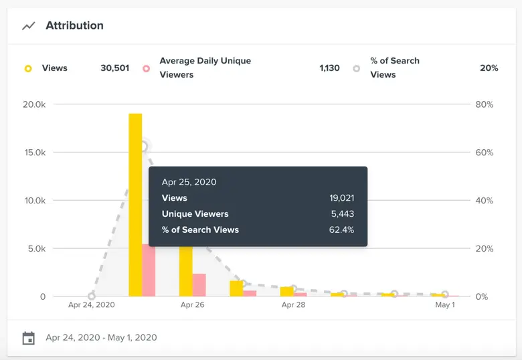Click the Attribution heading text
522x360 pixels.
[74, 25]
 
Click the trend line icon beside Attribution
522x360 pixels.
[28, 26]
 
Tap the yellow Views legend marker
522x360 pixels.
[28, 68]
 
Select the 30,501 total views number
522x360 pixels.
[114, 68]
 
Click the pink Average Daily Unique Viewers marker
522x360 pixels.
[145, 68]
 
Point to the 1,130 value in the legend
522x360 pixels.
[329, 68]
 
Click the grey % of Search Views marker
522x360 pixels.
[357, 68]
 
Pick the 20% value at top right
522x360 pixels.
[489, 68]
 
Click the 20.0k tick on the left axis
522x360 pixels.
[33, 104]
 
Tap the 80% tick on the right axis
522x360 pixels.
[485, 104]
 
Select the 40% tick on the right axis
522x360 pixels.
[485, 201]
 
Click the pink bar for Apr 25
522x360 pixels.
[149, 271]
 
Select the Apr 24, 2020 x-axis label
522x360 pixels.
[92, 305]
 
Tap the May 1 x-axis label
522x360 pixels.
[445, 305]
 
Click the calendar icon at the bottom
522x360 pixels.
[28, 338]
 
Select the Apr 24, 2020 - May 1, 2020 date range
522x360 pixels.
[101, 337]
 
